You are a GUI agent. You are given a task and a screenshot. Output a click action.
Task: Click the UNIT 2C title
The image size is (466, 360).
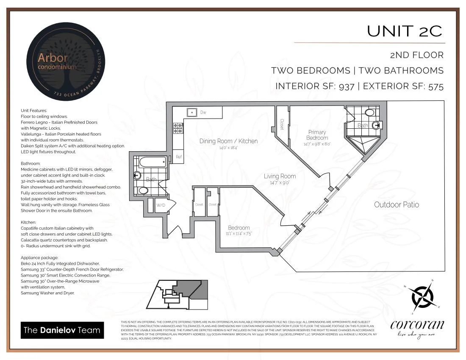pos(404,31)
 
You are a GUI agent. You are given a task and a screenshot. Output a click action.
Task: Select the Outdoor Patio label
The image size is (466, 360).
pos(396,205)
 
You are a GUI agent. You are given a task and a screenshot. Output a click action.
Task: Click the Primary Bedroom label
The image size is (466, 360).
pos(317,135)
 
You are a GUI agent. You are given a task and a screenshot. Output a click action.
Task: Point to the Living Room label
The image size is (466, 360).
pos(280,176)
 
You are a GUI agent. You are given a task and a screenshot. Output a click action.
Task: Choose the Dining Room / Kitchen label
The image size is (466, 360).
pos(228,141)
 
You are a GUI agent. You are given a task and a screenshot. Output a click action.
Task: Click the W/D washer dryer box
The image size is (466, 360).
pos(161,205)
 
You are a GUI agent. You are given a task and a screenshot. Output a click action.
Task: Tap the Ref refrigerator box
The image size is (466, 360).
pos(179,157)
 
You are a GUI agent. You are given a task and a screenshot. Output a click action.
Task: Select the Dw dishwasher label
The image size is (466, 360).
pos(203,112)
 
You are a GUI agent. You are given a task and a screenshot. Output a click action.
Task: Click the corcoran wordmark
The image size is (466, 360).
pos(417,325)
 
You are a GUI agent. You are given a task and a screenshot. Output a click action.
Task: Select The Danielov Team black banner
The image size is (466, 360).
pos(62,330)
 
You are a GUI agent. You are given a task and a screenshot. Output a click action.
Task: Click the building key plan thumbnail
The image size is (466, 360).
pos(178,294)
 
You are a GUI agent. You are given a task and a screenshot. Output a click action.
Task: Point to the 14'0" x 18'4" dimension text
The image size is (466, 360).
pos(228,148)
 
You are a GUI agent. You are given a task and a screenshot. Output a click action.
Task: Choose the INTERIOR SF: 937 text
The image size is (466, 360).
pos(315,86)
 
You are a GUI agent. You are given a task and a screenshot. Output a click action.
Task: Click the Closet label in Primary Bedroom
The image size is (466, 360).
pos(282,124)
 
